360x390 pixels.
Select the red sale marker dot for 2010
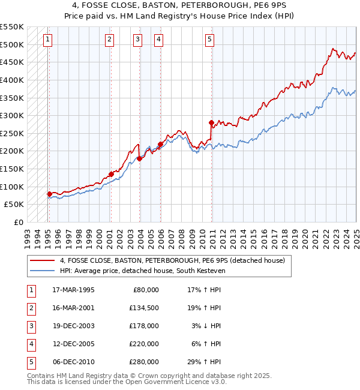tap(211, 122)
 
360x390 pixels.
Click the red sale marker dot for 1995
tap(49, 193)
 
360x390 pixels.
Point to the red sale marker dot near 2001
tap(111, 174)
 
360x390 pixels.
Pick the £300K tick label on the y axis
tap(12, 115)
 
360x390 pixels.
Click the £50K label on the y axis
tap(14, 204)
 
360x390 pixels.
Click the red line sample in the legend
tap(42, 260)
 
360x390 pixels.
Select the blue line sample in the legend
tap(42, 271)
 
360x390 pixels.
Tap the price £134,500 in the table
tap(144, 308)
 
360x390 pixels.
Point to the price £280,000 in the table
tap(144, 362)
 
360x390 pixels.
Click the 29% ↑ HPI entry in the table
tap(204, 362)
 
